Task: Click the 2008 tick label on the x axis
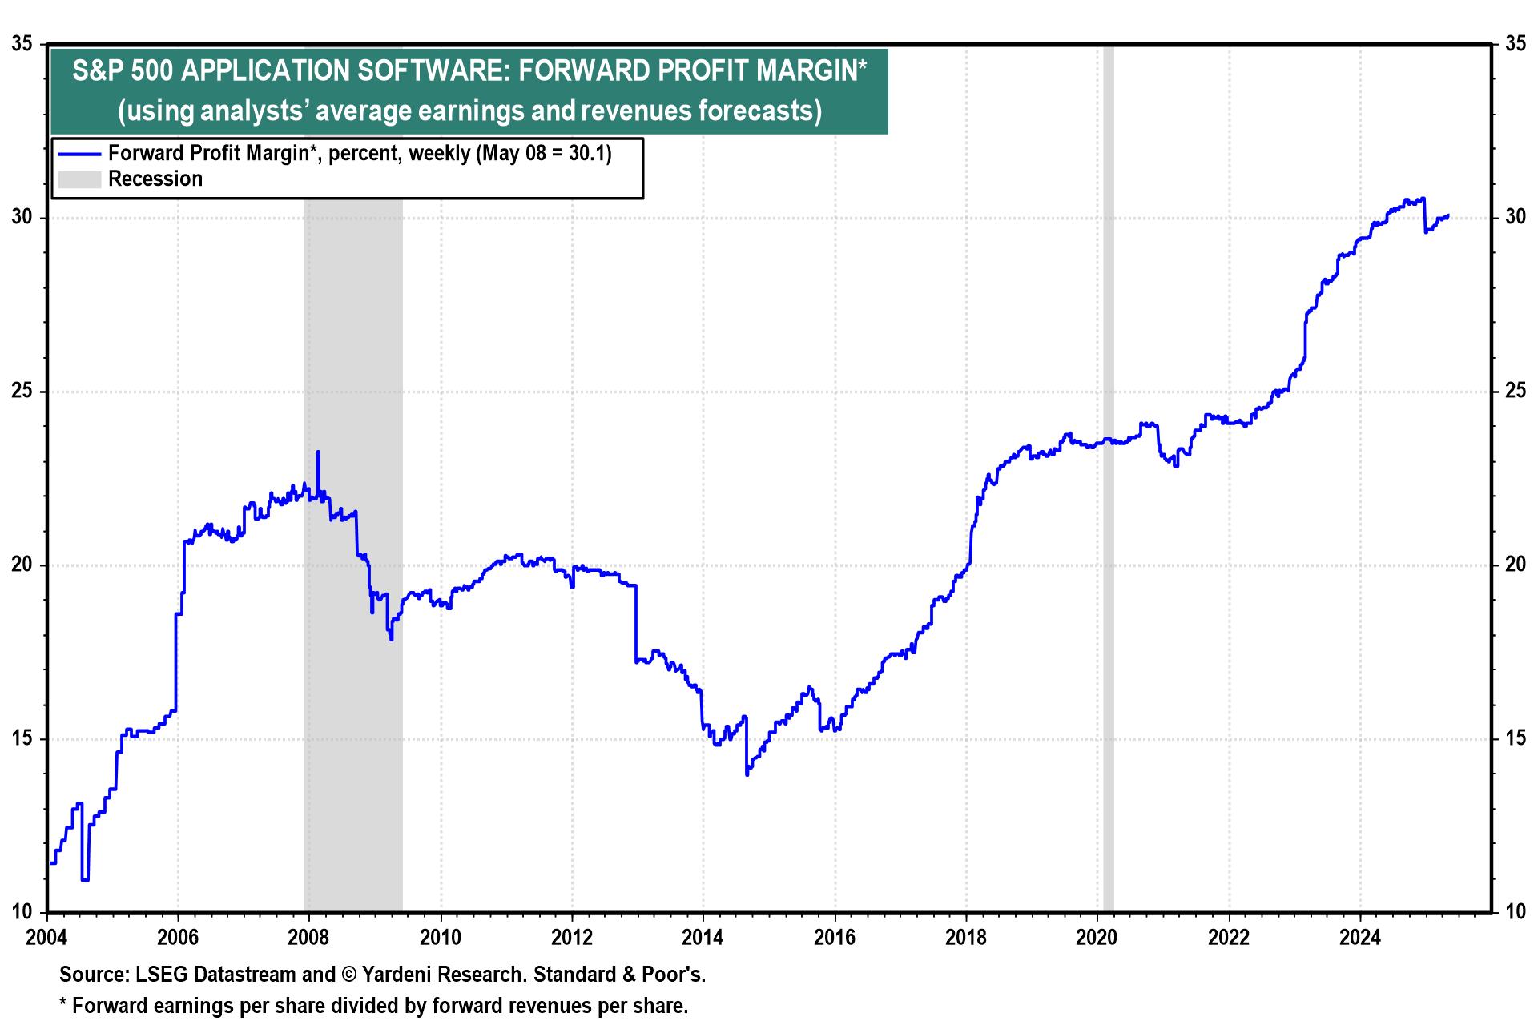[x=308, y=937]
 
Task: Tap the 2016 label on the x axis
[x=834, y=937]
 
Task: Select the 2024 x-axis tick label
[x=1359, y=937]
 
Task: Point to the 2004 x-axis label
[x=46, y=937]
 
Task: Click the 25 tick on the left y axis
[x=22, y=391]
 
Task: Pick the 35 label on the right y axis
[x=1515, y=43]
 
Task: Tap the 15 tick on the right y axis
[x=1515, y=738]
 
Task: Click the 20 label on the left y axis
[x=22, y=565]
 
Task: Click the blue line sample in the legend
[x=79, y=154]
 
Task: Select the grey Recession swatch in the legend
[x=79, y=179]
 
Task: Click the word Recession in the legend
[x=155, y=179]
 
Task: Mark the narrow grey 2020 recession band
[x=1108, y=480]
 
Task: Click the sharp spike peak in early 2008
[x=318, y=452]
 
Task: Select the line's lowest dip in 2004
[x=85, y=880]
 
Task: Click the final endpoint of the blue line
[x=1448, y=215]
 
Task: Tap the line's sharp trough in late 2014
[x=747, y=774]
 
